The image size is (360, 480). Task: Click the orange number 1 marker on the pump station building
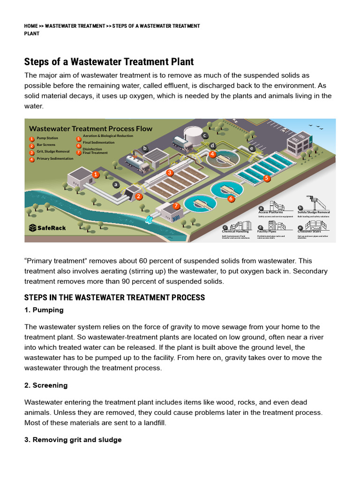click(96, 174)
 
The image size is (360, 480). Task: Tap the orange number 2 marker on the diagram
click(139, 196)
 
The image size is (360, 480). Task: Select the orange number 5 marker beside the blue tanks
click(267, 178)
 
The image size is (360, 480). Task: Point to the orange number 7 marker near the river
click(176, 206)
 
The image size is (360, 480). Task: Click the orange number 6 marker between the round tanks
click(231, 199)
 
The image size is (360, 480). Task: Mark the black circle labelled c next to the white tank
click(204, 135)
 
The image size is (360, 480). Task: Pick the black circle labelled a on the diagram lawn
click(116, 185)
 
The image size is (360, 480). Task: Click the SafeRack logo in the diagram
click(47, 228)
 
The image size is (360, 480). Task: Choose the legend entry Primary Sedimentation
click(54, 159)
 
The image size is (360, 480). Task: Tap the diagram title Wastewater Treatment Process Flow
click(90, 128)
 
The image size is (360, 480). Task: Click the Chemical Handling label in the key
click(235, 231)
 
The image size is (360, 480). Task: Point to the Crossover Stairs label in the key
click(309, 231)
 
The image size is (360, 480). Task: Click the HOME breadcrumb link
click(31, 26)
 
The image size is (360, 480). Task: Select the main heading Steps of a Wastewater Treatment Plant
click(109, 62)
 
